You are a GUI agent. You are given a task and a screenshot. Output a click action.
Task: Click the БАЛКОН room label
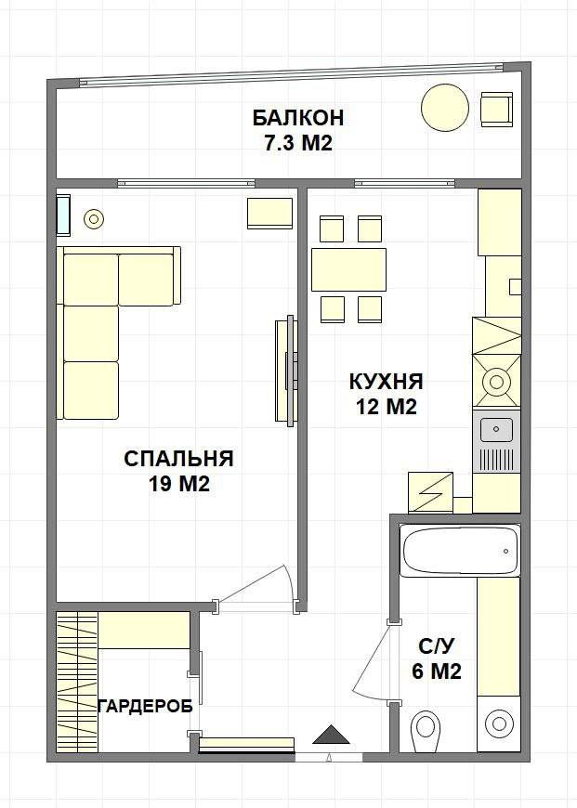[x=297, y=118]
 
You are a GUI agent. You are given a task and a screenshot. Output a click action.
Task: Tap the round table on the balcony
[x=445, y=108]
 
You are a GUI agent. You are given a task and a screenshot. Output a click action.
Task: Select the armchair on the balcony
[x=496, y=110]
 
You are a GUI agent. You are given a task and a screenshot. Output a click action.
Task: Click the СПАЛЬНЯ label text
[x=179, y=458]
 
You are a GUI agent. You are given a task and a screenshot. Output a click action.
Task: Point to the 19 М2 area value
[x=179, y=484]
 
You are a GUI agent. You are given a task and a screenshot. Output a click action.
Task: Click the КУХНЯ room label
[x=387, y=382]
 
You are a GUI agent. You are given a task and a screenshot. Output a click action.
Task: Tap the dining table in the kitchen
[x=349, y=269]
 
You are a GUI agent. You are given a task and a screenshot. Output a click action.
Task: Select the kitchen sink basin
[x=496, y=430]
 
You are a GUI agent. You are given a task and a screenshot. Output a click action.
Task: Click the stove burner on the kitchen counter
[x=496, y=382]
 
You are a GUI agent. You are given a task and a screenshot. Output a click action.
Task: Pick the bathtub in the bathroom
[x=460, y=551]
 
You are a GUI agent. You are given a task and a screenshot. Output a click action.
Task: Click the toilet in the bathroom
[x=426, y=731]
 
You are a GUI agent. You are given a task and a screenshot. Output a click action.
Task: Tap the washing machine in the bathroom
[x=499, y=723]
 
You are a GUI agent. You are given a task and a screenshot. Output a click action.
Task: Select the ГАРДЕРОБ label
[x=145, y=706]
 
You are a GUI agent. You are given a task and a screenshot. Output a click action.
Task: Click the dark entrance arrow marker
[x=331, y=735]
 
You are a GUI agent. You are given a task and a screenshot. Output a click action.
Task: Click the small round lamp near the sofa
[x=93, y=219]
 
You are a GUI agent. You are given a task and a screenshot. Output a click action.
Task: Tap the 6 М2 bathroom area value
[x=436, y=671]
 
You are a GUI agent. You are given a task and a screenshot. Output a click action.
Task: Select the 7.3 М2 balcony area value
[x=298, y=143]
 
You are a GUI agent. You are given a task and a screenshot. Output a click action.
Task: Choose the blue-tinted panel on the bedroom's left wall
[x=63, y=215]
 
